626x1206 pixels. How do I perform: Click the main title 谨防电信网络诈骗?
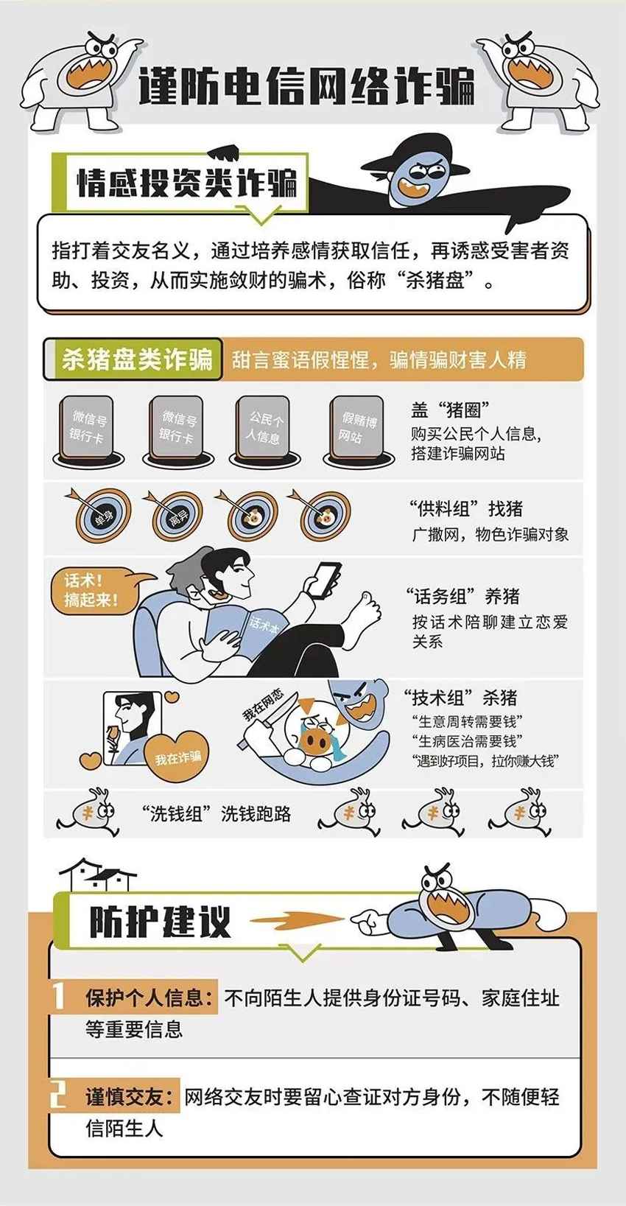(x=306, y=87)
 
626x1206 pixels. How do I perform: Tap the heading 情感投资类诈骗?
(x=187, y=183)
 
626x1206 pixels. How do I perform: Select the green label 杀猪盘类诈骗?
(x=137, y=360)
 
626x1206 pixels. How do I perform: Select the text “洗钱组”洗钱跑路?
(x=217, y=813)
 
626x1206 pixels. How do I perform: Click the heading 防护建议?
(x=159, y=922)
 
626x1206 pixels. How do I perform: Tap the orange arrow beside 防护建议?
(x=296, y=921)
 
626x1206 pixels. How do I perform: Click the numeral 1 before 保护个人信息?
(x=58, y=996)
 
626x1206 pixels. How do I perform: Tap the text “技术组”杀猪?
(x=460, y=698)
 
